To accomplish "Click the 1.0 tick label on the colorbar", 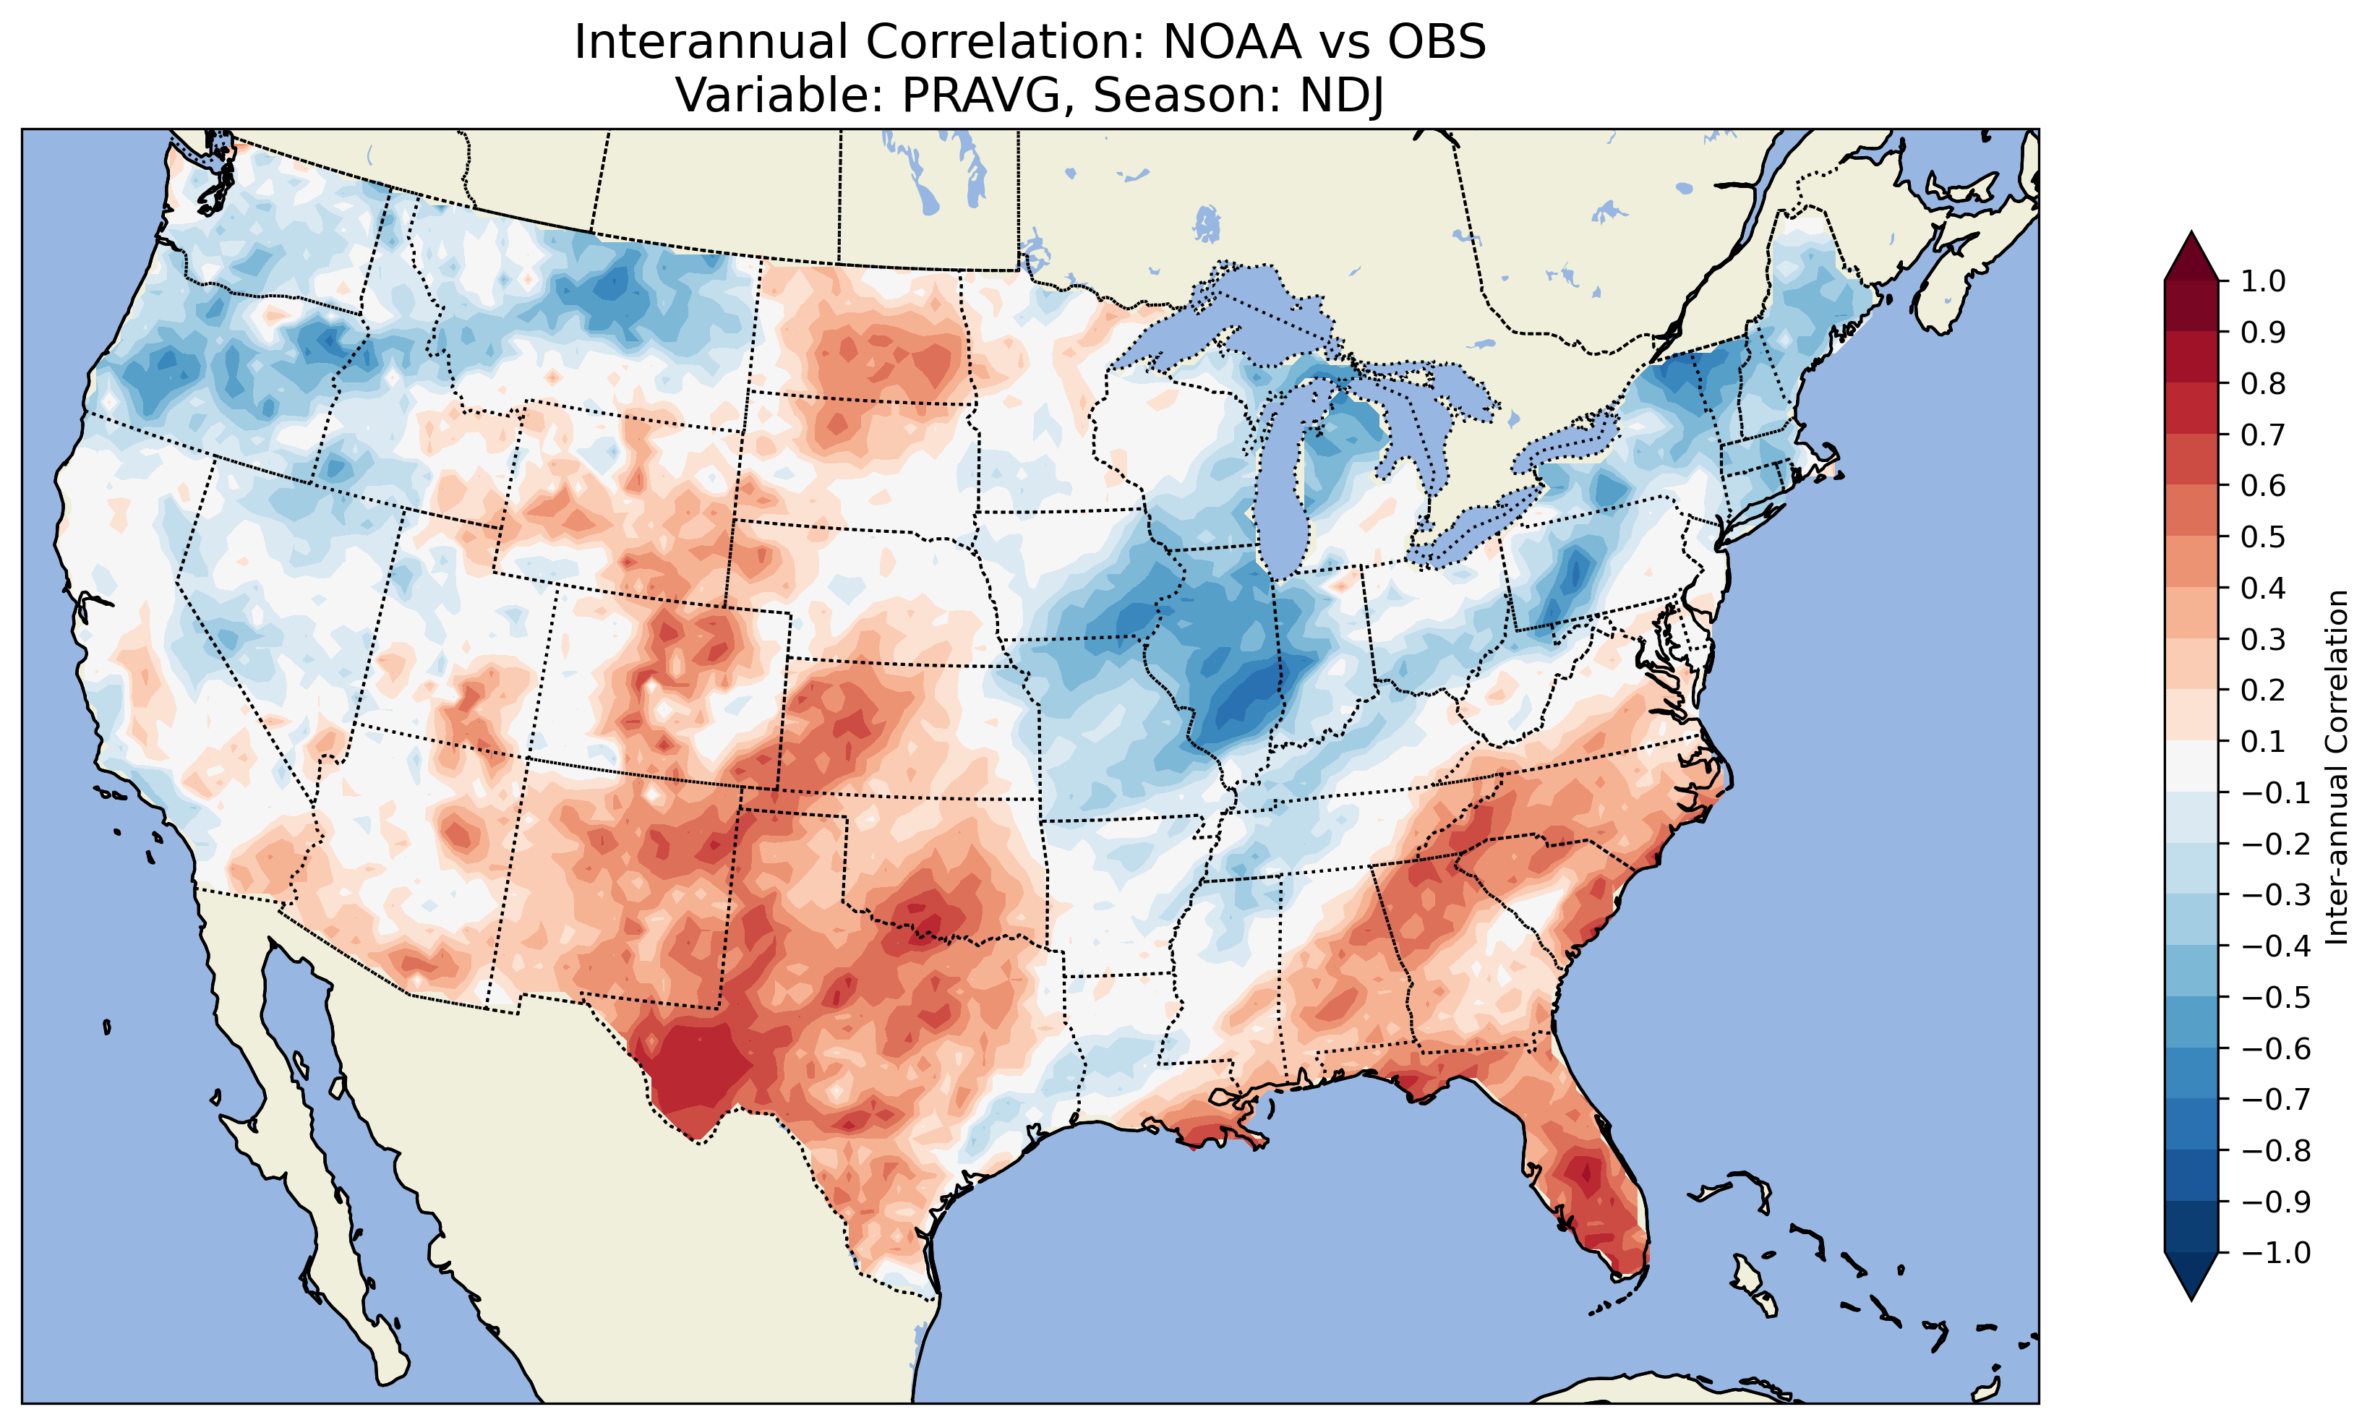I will [x=2263, y=281].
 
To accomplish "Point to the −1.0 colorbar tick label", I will [x=2275, y=1253].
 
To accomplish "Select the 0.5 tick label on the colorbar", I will [x=2263, y=536].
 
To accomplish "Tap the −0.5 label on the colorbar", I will [x=2275, y=998].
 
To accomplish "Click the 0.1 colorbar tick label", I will [x=2263, y=741].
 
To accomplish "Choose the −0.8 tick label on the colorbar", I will [x=2275, y=1150].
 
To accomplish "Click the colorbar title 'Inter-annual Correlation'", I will [x=2337, y=766].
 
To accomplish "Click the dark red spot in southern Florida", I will [x=1583, y=1173].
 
